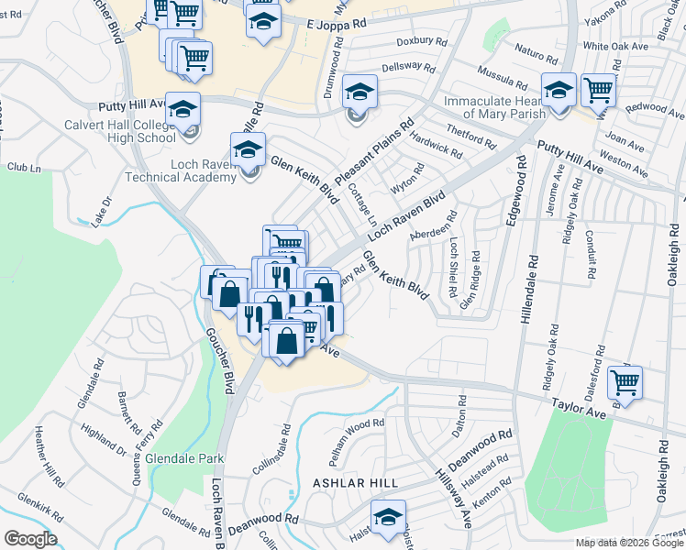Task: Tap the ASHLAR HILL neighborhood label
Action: (353, 482)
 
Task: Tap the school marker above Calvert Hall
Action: (183, 108)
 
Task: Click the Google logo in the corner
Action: (29, 539)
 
